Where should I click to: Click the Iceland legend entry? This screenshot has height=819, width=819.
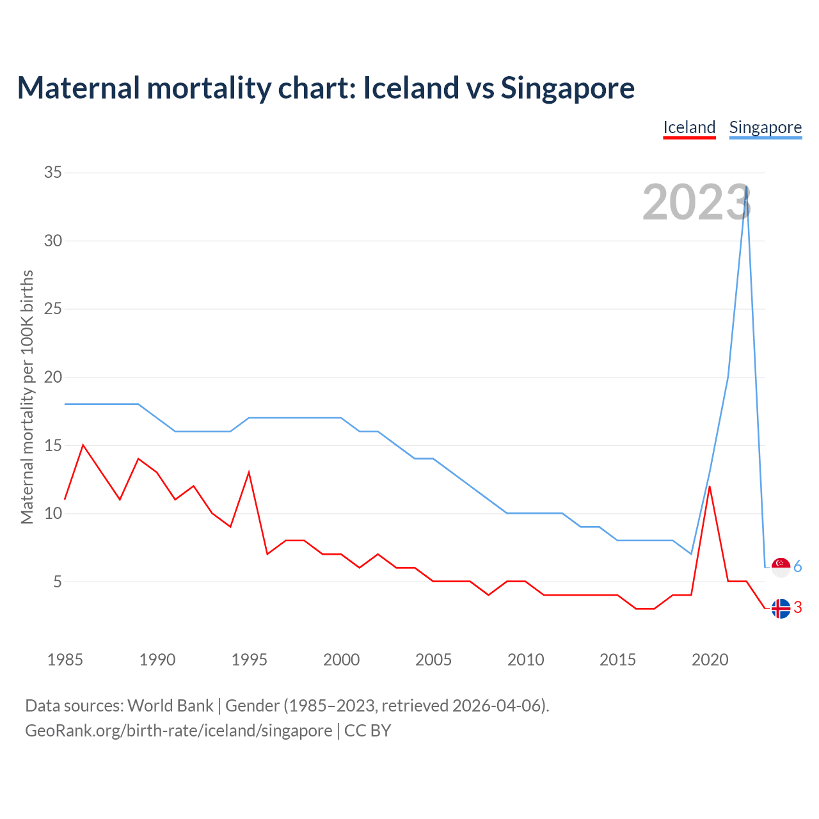(x=689, y=127)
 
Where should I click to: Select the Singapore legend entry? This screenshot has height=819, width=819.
(x=765, y=127)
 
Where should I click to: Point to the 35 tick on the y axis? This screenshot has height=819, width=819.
(x=53, y=173)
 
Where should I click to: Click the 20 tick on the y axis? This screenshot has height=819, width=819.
(x=53, y=378)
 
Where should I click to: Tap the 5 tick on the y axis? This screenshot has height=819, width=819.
(x=58, y=582)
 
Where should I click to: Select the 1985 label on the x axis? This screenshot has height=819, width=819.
(x=65, y=660)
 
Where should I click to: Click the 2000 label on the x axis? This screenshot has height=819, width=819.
(x=341, y=660)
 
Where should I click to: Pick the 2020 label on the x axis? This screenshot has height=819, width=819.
(x=710, y=660)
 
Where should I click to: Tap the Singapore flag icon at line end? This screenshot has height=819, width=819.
(x=781, y=567)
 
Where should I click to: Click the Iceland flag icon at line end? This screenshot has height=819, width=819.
(x=781, y=608)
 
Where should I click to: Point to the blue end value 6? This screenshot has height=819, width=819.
(x=798, y=567)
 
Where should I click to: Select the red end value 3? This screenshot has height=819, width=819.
(x=798, y=608)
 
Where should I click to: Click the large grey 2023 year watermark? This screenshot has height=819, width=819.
(x=696, y=203)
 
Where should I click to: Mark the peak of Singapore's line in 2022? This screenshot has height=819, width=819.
(x=746, y=187)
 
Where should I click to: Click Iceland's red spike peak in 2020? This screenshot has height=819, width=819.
(x=710, y=487)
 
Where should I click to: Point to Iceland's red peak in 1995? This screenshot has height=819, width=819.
(x=249, y=473)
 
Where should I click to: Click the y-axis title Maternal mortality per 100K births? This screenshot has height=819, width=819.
(x=27, y=397)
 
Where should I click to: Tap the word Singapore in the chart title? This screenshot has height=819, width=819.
(x=568, y=88)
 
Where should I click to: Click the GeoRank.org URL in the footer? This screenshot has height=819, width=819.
(x=179, y=731)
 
